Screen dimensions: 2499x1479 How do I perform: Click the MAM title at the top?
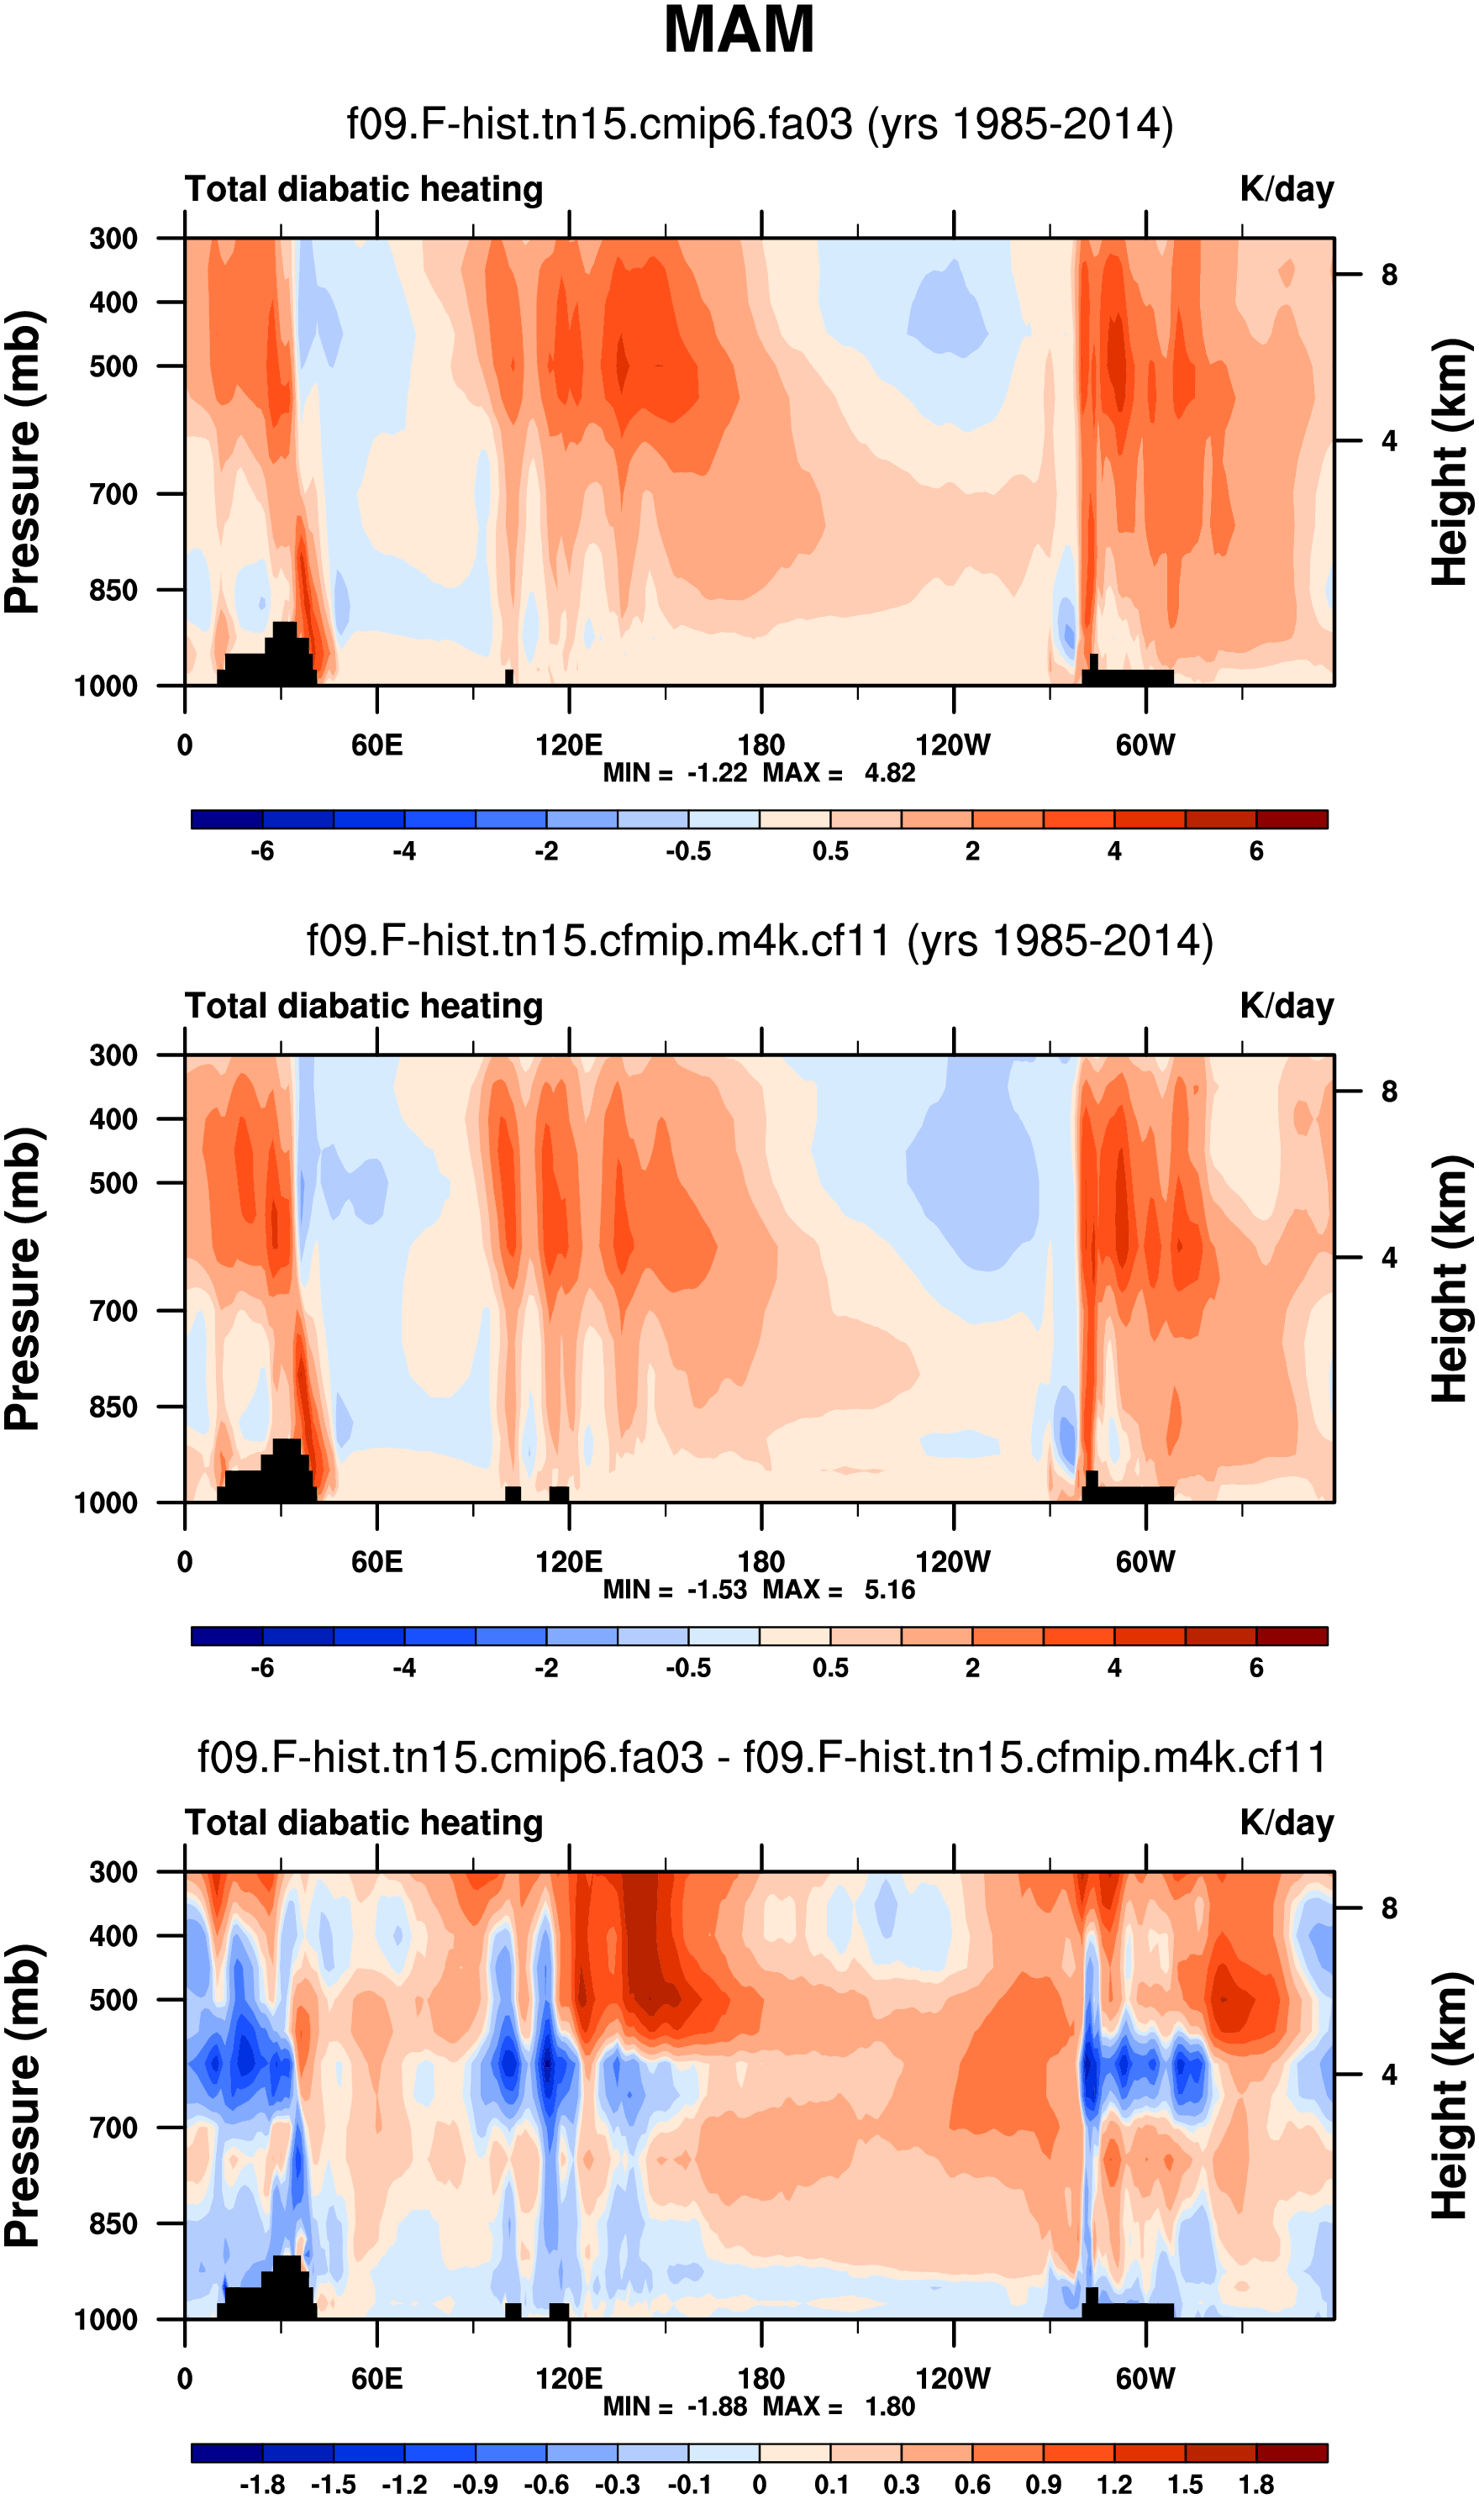[x=739, y=30]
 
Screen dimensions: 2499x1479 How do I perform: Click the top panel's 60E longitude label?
[x=376, y=744]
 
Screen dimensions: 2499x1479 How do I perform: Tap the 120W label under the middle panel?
[x=953, y=1561]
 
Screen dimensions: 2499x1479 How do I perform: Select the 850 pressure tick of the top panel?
[x=113, y=590]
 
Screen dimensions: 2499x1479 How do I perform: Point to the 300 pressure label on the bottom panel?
[x=113, y=1872]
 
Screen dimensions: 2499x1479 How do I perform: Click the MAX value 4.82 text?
[x=889, y=773]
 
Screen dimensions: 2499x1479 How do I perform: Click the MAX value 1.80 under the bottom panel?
[x=889, y=2407]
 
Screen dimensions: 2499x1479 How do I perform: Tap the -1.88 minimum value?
[x=717, y=2407]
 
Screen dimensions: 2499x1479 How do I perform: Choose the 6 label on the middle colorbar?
[x=1255, y=1667]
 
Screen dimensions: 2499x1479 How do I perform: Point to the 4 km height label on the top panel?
[x=1388, y=440]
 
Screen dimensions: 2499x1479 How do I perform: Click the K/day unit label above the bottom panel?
[x=1286, y=1823]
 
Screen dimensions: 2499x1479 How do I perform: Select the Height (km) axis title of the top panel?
[x=1450, y=461]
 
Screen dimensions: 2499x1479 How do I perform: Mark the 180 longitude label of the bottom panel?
[x=761, y=2379]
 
